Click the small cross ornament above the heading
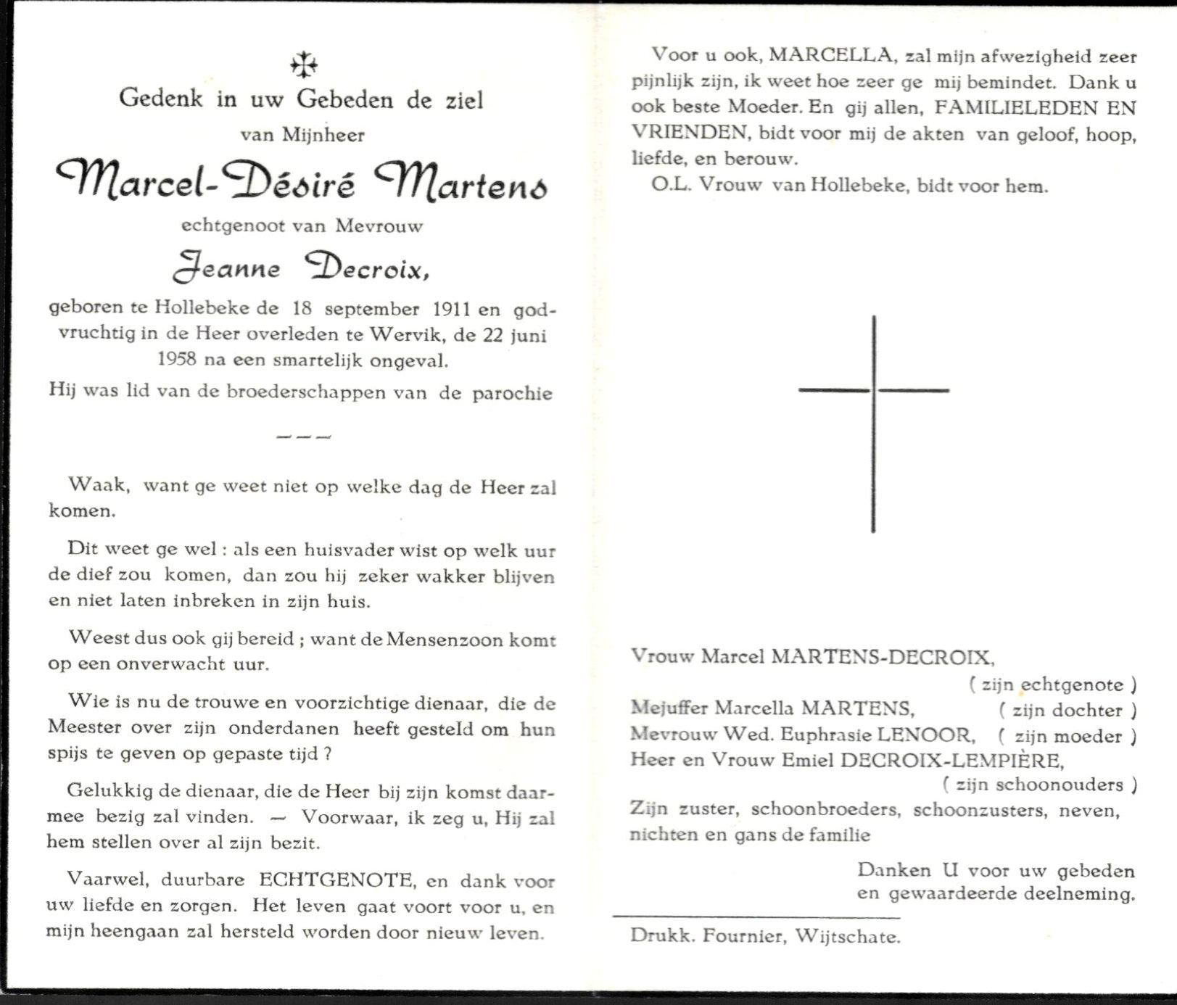304,65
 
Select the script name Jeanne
227,268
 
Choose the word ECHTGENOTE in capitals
336,880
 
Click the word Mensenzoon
435,640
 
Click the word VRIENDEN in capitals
688,133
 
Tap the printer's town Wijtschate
848,936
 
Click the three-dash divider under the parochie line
304,437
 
